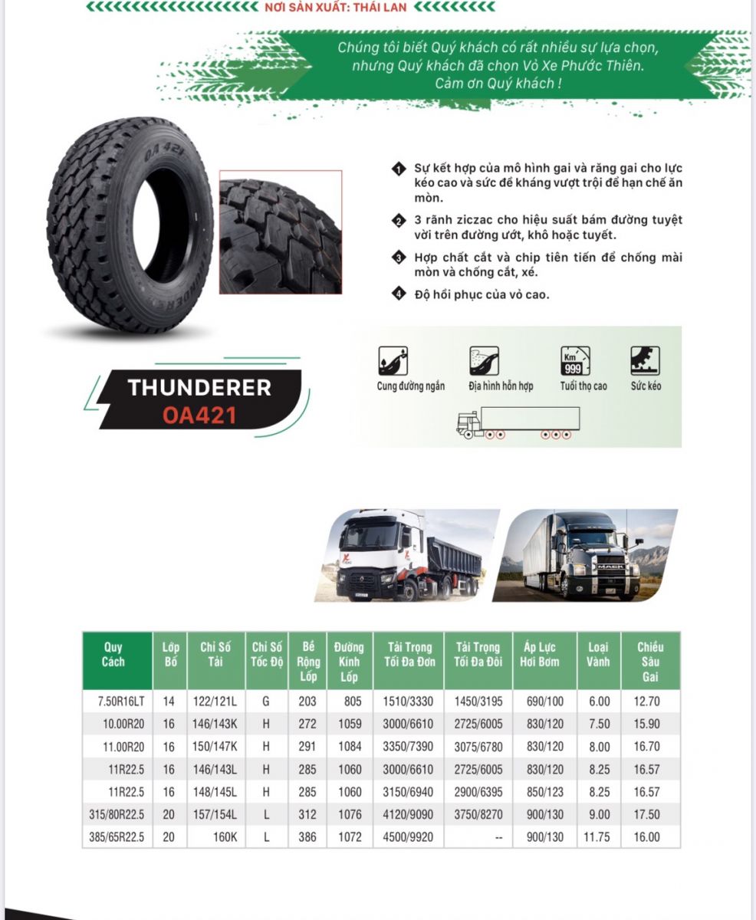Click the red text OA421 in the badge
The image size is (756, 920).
(x=199, y=415)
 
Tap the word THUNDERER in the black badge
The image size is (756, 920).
(x=199, y=388)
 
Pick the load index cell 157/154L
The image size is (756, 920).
(x=215, y=815)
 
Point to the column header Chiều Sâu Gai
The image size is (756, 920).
(x=650, y=662)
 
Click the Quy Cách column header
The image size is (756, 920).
(x=113, y=655)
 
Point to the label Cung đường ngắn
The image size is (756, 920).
(x=410, y=386)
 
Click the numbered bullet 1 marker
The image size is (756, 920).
(x=398, y=169)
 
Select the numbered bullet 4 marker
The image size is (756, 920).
(x=398, y=294)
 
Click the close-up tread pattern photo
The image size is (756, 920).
(x=280, y=232)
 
